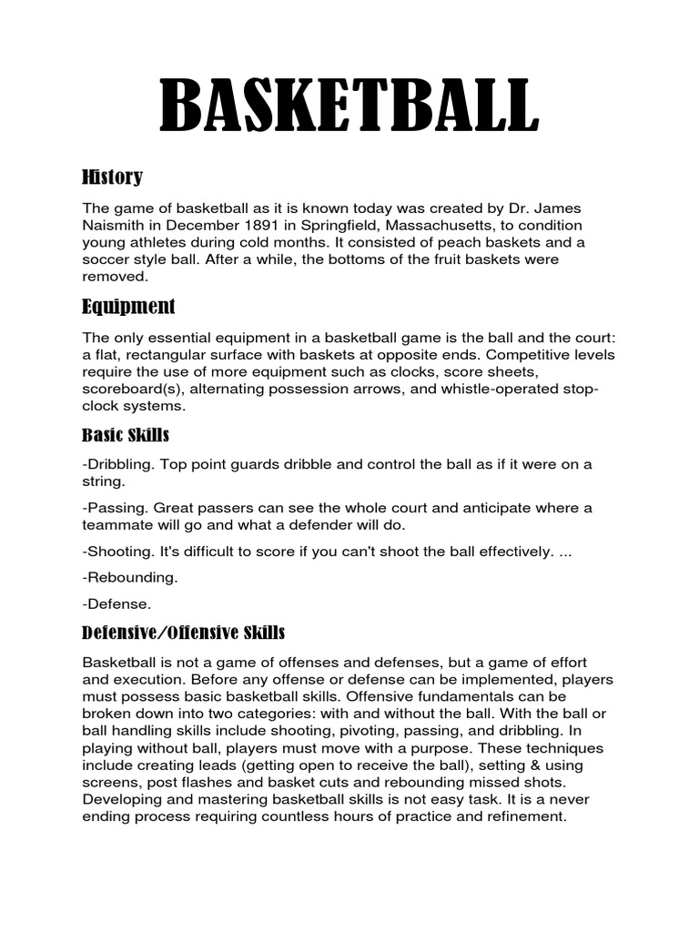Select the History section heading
tap(112, 176)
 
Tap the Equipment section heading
tap(128, 305)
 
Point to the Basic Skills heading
tap(126, 435)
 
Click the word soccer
tap(106, 259)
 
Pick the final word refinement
tap(522, 816)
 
